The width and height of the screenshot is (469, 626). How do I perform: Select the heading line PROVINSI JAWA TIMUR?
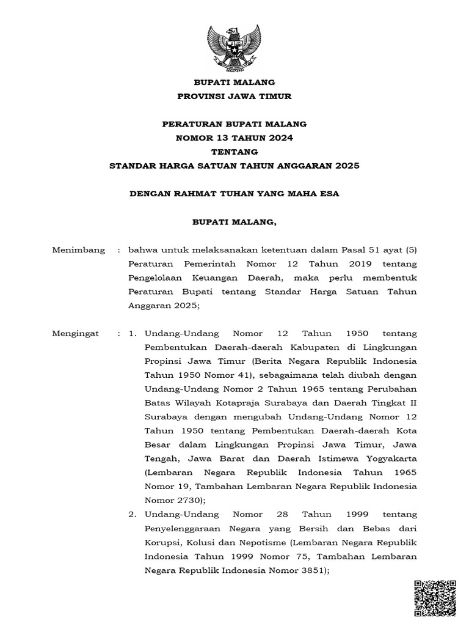(x=234, y=96)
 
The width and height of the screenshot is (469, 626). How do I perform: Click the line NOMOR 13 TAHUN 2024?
(x=234, y=138)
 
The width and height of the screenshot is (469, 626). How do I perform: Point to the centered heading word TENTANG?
(x=234, y=152)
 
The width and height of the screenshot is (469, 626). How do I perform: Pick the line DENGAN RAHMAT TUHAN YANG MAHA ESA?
(x=234, y=194)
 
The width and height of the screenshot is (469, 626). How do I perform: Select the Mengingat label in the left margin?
(x=77, y=334)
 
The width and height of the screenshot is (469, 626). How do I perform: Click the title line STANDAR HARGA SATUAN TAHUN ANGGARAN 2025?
(x=234, y=166)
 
